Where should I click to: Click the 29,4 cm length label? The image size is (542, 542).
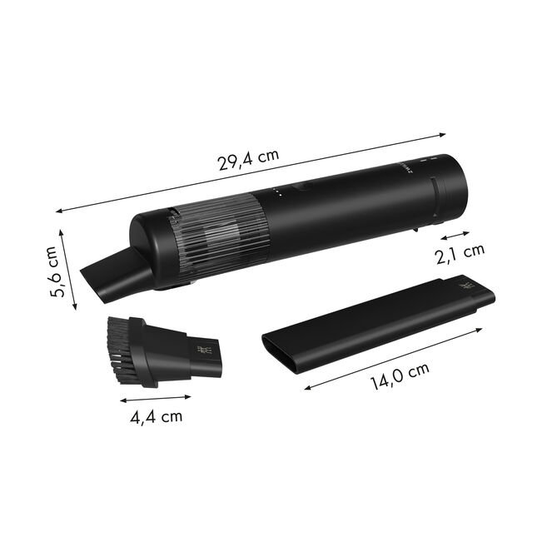point(248,160)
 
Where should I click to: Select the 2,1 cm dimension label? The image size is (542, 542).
point(461,250)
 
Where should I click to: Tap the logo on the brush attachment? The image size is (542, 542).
point(201,353)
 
